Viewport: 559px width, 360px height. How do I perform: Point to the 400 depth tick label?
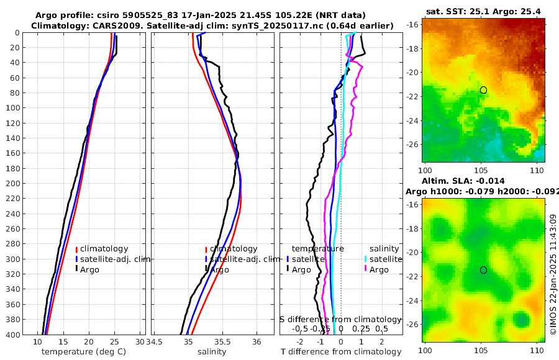(15, 335)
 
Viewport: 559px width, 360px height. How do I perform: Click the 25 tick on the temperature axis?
(114, 342)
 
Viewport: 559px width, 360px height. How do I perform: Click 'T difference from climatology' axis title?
(340, 351)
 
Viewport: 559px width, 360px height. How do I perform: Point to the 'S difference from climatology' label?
(340, 319)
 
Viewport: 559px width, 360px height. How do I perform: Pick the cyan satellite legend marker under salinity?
(366, 259)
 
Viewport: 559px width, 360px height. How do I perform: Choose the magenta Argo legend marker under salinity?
(366, 269)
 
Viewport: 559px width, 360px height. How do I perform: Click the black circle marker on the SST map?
(483, 90)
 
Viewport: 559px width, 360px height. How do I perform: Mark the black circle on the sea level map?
(483, 270)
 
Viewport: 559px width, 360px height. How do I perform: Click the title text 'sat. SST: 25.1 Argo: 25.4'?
(484, 11)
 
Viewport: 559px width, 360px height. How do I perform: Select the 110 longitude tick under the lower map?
(540, 351)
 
